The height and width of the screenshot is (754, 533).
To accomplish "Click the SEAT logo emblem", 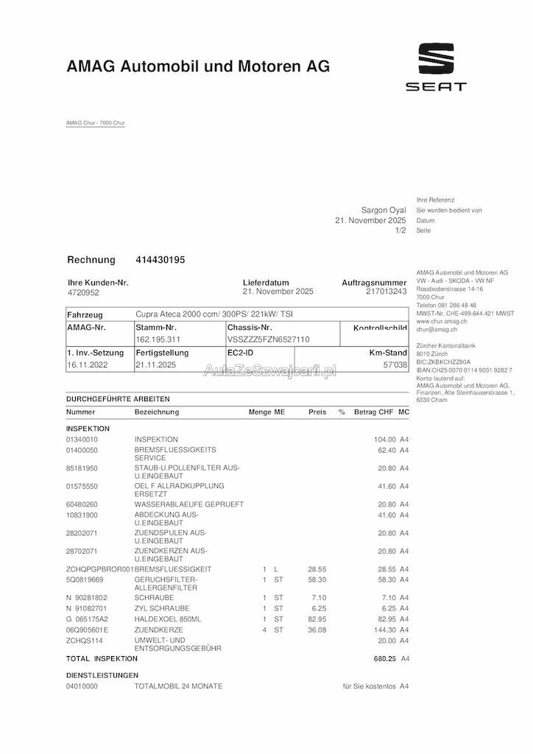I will coord(437,58).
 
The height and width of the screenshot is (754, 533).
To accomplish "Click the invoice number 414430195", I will coord(160,260).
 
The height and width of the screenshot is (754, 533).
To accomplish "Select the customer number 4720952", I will coord(82,292).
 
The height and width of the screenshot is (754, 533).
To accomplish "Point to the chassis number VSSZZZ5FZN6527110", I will coord(268,339).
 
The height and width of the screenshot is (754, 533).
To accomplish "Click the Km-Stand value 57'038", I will coord(396,364).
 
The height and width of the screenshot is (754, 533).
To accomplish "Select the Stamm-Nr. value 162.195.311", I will coord(158,339).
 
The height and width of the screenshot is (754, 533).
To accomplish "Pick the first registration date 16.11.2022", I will coord(87,364).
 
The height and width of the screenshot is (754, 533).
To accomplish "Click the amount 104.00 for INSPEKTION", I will coord(385,439).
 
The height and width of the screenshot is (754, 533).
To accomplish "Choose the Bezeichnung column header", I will coord(156,412).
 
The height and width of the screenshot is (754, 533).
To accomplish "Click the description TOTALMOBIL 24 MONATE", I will coord(178,686).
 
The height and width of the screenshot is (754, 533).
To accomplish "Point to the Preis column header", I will coord(317,412).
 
